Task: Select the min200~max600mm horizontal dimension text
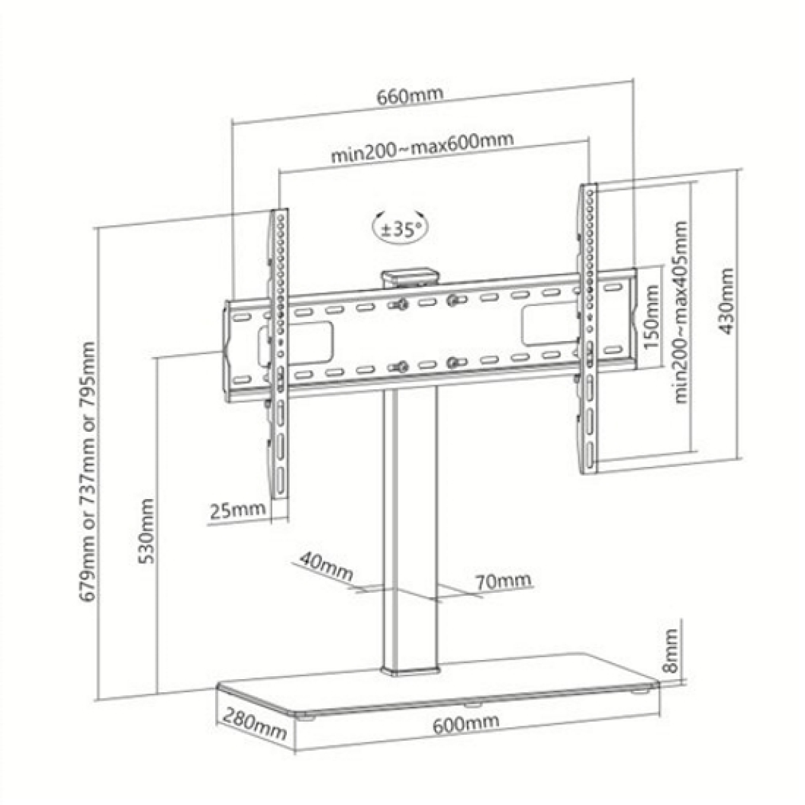point(421,147)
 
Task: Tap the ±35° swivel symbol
point(402,229)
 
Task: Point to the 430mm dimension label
point(727,301)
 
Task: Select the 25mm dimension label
point(237,509)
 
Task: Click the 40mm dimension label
point(326,566)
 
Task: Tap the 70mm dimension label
point(503,581)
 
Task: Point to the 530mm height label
point(147,531)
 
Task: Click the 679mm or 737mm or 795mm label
point(87,471)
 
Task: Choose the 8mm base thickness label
point(670,651)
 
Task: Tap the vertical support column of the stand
point(410,529)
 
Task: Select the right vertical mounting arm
point(588,328)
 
